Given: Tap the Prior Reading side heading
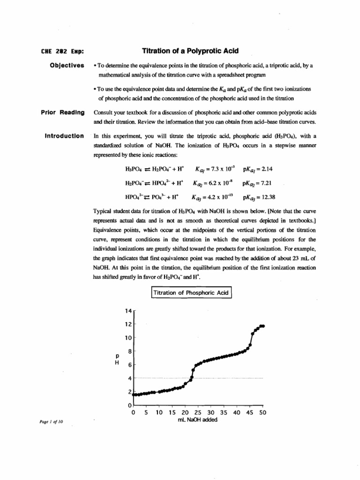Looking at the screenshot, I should pyautogui.click(x=63, y=112).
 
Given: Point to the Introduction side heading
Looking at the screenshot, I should pyautogui.click(x=64, y=136).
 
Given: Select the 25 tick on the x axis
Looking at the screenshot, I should pyautogui.click(x=198, y=413).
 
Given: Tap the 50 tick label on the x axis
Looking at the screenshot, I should pyautogui.click(x=262, y=413).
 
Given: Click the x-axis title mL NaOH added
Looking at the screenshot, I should pyautogui.click(x=197, y=420).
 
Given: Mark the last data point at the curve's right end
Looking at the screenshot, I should pyautogui.click(x=263, y=326).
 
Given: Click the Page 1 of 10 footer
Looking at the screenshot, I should pyautogui.click(x=47, y=422).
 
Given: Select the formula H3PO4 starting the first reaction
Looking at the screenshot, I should pyautogui.click(x=134, y=168).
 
